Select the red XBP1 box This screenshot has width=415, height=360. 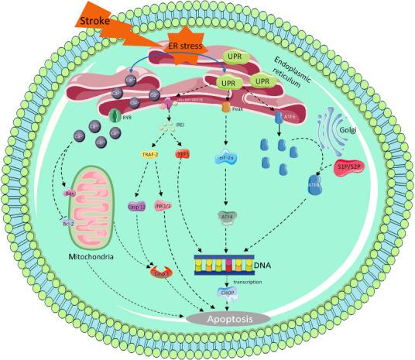point(183,155)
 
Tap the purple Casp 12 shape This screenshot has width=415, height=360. point(136,207)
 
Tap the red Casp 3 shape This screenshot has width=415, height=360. point(160,272)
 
